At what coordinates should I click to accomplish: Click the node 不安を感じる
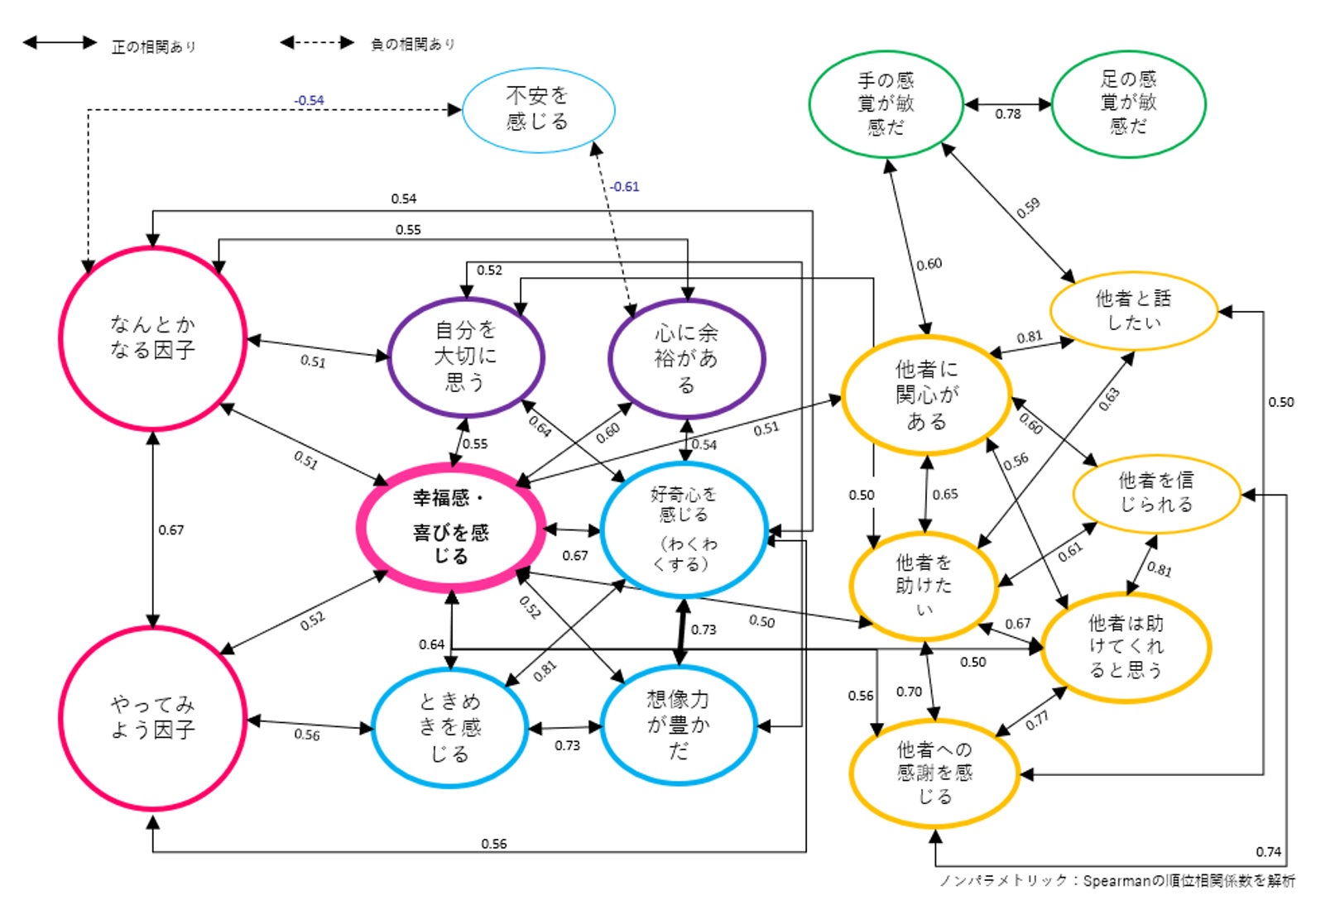538,109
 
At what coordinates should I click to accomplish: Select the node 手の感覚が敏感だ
886,104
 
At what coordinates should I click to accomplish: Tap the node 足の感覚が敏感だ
1128,103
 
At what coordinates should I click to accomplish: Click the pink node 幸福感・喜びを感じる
451,528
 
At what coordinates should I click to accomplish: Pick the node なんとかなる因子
153,338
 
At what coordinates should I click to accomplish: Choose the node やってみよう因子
153,717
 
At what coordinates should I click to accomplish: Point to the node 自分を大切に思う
466,357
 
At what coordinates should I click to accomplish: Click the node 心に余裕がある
686,359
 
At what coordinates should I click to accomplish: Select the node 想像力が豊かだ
678,725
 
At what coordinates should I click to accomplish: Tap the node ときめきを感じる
449,727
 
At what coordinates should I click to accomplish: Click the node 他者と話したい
1133,310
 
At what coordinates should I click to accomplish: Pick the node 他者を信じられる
1156,493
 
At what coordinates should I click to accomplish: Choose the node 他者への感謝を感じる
934,773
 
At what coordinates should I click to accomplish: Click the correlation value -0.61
625,187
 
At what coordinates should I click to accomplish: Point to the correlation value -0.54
309,100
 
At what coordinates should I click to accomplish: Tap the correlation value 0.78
1007,114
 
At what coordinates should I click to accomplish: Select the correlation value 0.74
1268,851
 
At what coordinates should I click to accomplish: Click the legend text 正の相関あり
154,46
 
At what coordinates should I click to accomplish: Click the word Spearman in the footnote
1117,881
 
